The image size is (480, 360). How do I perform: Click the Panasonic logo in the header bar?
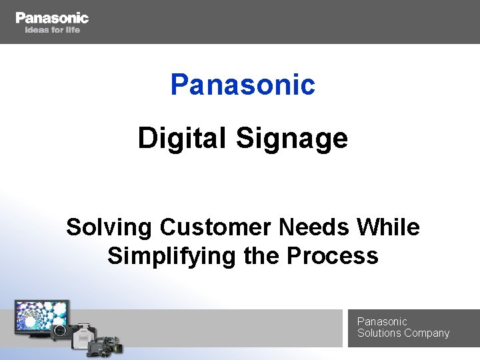pyautogui.click(x=52, y=18)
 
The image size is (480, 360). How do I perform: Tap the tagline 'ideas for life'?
pyautogui.click(x=52, y=30)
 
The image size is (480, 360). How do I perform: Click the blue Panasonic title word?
pyautogui.click(x=243, y=85)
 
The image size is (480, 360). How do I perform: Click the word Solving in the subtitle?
pyautogui.click(x=109, y=228)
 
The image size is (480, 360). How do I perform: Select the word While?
pyautogui.click(x=389, y=227)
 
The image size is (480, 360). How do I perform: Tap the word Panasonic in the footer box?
pyautogui.click(x=382, y=321)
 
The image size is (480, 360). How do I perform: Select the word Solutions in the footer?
pyautogui.click(x=379, y=333)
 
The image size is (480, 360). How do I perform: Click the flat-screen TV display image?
pyautogui.click(x=41, y=316)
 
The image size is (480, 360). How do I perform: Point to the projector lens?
pyautogui.click(x=59, y=329)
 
